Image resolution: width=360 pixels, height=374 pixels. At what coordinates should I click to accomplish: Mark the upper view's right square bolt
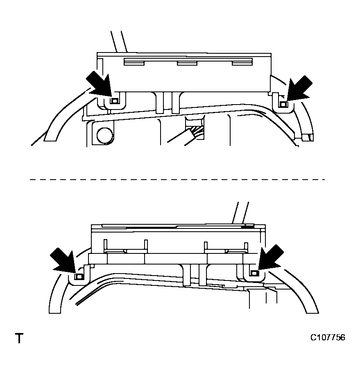[x=282, y=105]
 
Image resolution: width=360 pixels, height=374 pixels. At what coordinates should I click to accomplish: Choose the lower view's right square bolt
[x=254, y=273]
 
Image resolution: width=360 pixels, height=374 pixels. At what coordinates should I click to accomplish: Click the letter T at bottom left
[x=19, y=339]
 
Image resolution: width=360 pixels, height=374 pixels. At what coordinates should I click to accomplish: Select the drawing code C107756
[x=327, y=338]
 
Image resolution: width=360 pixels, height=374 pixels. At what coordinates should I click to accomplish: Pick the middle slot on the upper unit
[x=188, y=63]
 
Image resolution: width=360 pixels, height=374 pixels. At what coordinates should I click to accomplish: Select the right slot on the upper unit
[x=242, y=62]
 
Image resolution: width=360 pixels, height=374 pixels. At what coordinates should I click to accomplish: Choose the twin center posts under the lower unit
[x=195, y=274]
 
